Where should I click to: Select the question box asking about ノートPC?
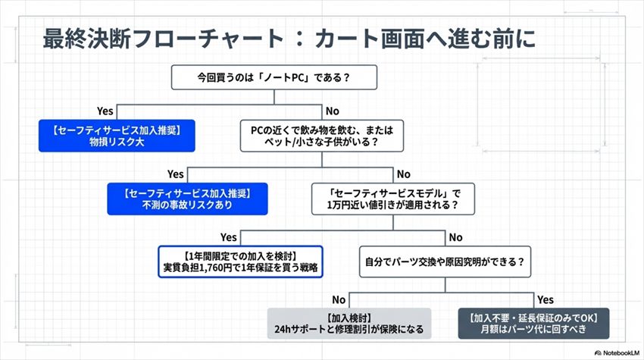click(x=277, y=77)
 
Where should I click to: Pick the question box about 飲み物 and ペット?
click(x=322, y=135)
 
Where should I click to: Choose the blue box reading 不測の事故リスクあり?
click(x=186, y=199)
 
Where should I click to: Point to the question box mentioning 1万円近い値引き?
click(x=390, y=199)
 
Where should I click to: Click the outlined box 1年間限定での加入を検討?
click(x=240, y=261)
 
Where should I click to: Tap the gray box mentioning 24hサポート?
click(x=349, y=323)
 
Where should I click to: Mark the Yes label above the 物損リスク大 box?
click(x=105, y=111)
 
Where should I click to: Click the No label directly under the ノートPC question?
click(x=332, y=111)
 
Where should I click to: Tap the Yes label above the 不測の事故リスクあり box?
click(x=175, y=174)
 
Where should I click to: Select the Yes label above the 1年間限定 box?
click(x=228, y=237)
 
